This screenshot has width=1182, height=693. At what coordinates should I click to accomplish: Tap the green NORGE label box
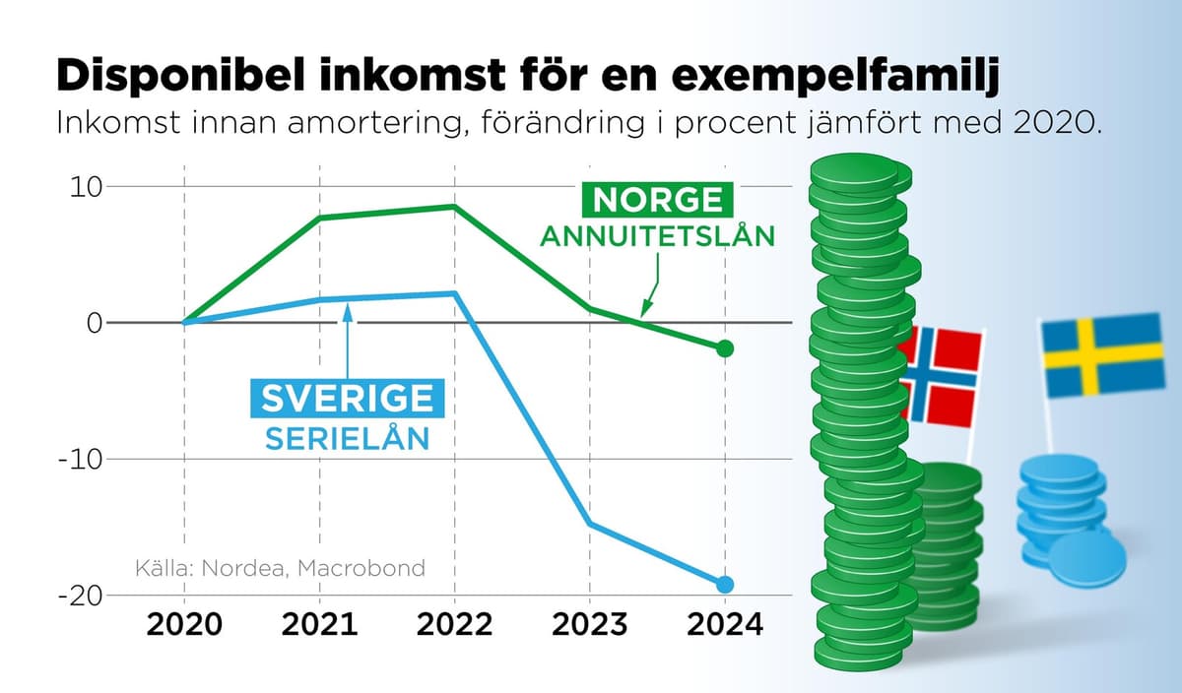[657, 200]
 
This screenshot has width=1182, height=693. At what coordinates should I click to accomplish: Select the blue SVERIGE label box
[347, 397]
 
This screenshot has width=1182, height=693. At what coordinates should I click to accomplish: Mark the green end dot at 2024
[725, 348]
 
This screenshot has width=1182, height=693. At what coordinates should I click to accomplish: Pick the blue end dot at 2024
[725, 584]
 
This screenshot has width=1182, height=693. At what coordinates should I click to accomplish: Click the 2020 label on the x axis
[184, 625]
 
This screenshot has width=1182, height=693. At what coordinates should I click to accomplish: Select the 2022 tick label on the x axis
[454, 625]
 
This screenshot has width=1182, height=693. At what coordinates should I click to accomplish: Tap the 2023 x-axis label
[589, 625]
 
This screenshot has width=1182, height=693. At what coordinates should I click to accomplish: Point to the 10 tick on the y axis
[86, 186]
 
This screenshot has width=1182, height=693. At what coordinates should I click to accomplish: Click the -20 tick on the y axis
[81, 596]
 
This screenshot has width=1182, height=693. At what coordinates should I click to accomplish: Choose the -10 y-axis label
[81, 460]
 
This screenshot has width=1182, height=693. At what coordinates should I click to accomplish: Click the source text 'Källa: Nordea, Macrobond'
[280, 568]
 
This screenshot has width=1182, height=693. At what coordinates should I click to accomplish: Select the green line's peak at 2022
[454, 206]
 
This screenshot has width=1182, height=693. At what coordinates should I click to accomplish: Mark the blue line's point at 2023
[589, 524]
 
